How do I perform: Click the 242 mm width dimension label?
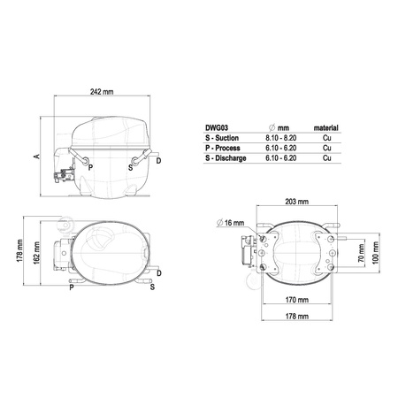102,92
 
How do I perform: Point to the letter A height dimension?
37,157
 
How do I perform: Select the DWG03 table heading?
217,128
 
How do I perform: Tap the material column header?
325,128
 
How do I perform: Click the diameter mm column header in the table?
279,128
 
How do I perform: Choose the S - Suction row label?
222,138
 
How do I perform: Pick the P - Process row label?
223,148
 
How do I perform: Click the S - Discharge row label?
226,158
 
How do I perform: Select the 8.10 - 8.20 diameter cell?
281,138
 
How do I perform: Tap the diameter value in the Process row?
281,148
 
